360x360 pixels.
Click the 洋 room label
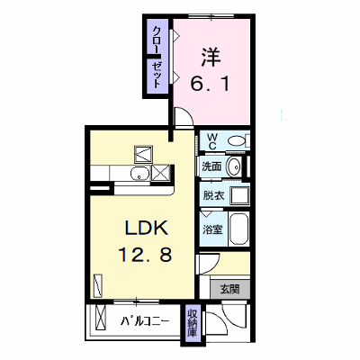tap(211, 57)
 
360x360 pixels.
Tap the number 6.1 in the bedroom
tap(210, 83)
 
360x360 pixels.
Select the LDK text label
tap(146, 229)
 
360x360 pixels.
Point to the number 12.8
tap(146, 255)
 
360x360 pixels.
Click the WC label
tap(212, 141)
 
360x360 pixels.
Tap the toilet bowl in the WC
tap(237, 140)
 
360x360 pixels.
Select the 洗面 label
tap(211, 166)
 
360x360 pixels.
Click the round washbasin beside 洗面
tap(234, 166)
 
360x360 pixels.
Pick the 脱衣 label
tap(213, 195)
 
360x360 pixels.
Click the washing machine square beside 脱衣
tap(239, 195)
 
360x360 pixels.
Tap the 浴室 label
tap(212, 229)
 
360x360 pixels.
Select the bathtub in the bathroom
tap(238, 229)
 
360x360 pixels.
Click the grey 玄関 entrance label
tap(229, 290)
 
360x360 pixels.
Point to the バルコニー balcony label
tap(145, 322)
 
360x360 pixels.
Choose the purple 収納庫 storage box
tap(193, 325)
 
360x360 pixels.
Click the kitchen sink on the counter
tap(139, 173)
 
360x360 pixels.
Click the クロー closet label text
tap(157, 39)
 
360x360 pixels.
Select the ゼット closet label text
tap(157, 75)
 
